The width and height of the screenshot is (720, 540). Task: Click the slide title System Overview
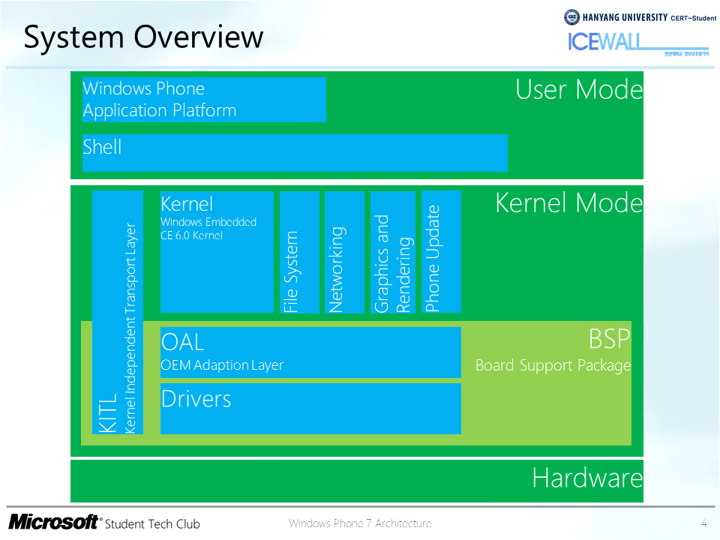(x=143, y=37)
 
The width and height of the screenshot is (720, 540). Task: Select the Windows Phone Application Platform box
(x=204, y=100)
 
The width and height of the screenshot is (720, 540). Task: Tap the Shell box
(x=295, y=153)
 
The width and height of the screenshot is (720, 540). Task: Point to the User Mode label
(x=579, y=90)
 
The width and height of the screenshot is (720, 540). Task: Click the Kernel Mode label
(x=569, y=203)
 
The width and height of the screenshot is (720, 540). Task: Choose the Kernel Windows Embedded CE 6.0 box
(x=217, y=251)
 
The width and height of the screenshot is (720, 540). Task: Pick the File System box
(x=299, y=252)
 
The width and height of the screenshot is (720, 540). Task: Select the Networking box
(x=344, y=252)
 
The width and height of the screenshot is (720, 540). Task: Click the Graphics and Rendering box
(x=392, y=252)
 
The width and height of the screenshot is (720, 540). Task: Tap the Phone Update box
(x=441, y=252)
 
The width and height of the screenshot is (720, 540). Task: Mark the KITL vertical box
(x=118, y=312)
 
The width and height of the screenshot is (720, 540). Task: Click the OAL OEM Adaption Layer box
(x=310, y=352)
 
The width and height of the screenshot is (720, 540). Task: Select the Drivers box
(x=310, y=409)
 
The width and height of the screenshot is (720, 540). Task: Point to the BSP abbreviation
(x=609, y=340)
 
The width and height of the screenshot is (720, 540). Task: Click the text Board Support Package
(x=553, y=366)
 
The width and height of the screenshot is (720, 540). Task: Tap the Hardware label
(x=587, y=478)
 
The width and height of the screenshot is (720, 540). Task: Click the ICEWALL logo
(x=604, y=42)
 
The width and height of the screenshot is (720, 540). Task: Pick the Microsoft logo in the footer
(x=53, y=522)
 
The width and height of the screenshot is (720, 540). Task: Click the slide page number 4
(x=703, y=523)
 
